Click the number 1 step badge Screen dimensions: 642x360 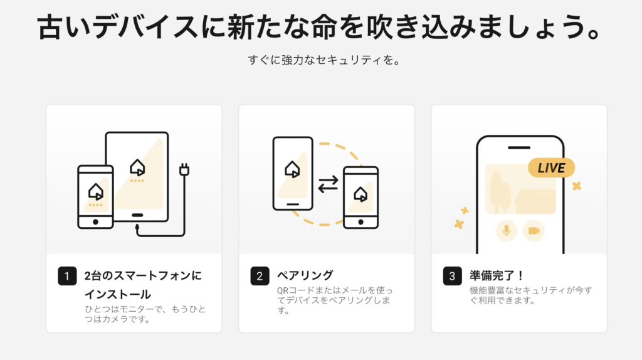[x=67, y=276]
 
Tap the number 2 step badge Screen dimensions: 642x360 [x=260, y=276]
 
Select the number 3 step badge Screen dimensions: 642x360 [x=453, y=276]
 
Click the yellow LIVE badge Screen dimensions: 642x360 [x=551, y=168]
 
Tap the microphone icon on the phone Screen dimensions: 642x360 [x=507, y=231]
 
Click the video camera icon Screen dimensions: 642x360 [x=534, y=231]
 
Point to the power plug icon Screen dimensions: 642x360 [x=184, y=169]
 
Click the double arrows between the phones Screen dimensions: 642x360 [x=328, y=184]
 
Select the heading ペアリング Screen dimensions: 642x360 [x=305, y=275]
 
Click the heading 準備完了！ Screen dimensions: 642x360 [x=497, y=275]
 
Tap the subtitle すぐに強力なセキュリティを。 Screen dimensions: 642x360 [x=324, y=60]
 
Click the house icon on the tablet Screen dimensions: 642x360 [x=137, y=167]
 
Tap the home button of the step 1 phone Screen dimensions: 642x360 [x=95, y=222]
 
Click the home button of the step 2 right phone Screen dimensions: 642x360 [x=360, y=222]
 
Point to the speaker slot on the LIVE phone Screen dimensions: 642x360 [x=519, y=147]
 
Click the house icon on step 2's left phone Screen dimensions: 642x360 [x=292, y=169]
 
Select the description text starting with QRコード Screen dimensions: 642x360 [x=335, y=300]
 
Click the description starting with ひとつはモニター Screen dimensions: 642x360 [x=145, y=314]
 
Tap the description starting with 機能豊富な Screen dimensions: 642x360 [x=530, y=295]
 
